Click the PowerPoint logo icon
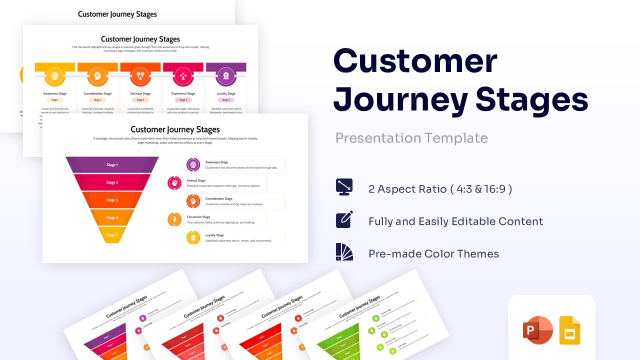coord(537,330)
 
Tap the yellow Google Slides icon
coord(569,330)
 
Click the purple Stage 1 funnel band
coord(112,165)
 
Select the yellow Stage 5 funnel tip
coord(112,235)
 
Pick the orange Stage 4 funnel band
coord(112,217)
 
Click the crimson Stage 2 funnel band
coord(112,182)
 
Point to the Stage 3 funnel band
coord(112,200)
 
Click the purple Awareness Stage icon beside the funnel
coord(193,164)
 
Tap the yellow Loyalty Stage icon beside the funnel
coord(193,237)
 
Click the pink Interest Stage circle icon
coord(174,183)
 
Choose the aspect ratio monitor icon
coord(344,187)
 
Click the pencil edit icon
coord(344,219)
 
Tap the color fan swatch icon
coord(344,252)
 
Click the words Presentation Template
coord(411,138)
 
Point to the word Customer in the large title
coord(415,61)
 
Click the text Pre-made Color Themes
coord(433,254)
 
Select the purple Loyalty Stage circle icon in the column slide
coord(226,76)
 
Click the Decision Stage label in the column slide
coord(140,93)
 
